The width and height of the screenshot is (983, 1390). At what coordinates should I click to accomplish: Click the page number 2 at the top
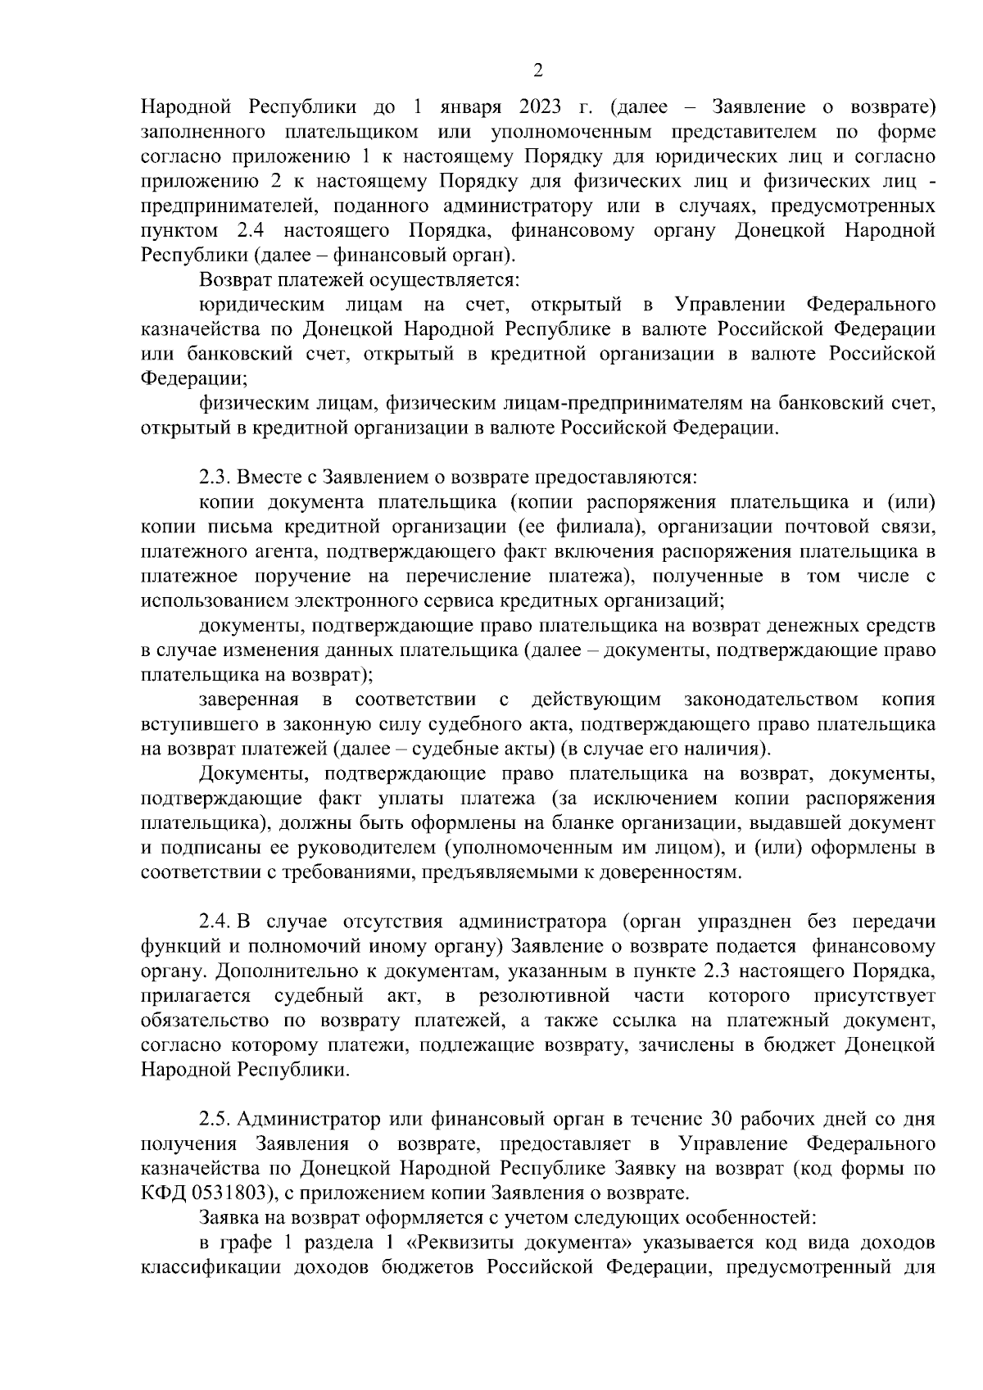[x=538, y=71]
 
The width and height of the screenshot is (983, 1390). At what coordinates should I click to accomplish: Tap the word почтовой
[x=800, y=526]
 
